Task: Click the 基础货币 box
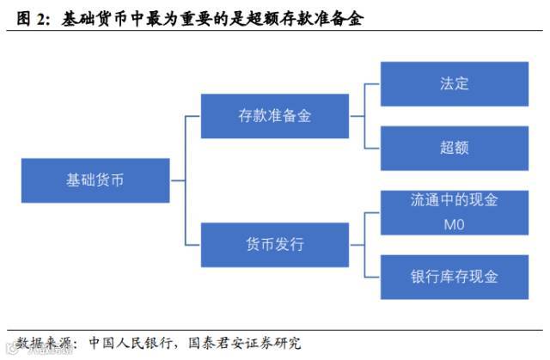pyautogui.click(x=95, y=180)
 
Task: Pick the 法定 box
pyautogui.click(x=454, y=83)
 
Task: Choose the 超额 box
pyautogui.click(x=454, y=148)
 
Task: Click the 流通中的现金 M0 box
pyautogui.click(x=454, y=211)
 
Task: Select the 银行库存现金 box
pyautogui.click(x=454, y=277)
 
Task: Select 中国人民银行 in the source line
pyautogui.click(x=128, y=343)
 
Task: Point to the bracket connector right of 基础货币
pyautogui.click(x=185, y=180)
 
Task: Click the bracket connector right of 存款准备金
pyautogui.click(x=364, y=115)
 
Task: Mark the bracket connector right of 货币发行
pyautogui.click(x=364, y=245)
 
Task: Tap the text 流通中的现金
pyautogui.click(x=454, y=200)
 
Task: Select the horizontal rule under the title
pyautogui.click(x=275, y=32)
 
